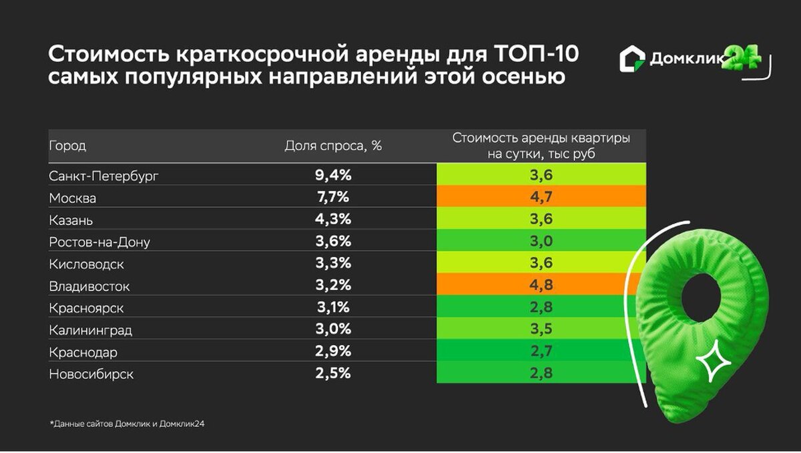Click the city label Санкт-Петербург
pos(105,176)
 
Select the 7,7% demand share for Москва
pos(332,198)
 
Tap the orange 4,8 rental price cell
pos(541,286)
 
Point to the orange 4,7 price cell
pos(541,198)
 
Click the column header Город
pos(67,146)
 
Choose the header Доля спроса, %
pos(333,146)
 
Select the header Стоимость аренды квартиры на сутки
pos(541,146)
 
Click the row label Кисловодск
pos(86,264)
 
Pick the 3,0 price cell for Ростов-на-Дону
pos(541,242)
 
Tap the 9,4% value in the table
pos(332,176)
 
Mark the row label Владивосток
pos(89,286)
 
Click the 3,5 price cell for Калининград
pos(541,330)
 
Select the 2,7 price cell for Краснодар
pos(541,352)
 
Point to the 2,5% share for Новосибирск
pos(332,374)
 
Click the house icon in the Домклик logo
pos(631,59)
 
